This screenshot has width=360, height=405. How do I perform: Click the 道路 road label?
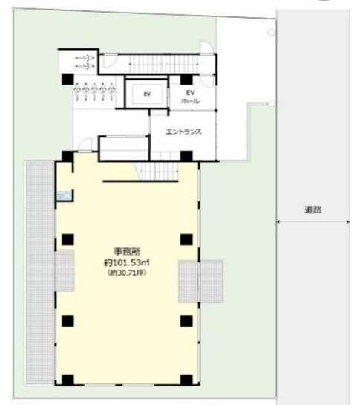(313, 210)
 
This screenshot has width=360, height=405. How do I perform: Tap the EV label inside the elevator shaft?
(147, 94)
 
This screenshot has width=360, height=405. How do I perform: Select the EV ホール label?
(190, 97)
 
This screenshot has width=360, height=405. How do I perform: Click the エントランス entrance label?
(183, 132)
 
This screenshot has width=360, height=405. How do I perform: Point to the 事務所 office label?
(127, 252)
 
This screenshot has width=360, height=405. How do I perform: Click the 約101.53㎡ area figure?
(127, 262)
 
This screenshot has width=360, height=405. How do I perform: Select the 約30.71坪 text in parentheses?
(127, 273)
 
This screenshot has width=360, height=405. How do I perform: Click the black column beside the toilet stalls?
(68, 80)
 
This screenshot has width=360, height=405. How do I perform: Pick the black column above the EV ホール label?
(186, 80)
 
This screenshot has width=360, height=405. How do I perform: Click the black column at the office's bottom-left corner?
(68, 380)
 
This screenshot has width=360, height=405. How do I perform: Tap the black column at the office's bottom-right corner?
(186, 380)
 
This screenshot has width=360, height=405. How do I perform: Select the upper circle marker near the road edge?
(272, 33)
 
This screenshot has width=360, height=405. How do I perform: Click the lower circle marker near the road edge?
(272, 103)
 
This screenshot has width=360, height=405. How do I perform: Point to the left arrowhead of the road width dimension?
(278, 221)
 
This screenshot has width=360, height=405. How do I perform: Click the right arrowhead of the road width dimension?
(348, 221)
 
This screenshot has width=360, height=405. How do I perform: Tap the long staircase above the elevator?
(163, 64)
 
